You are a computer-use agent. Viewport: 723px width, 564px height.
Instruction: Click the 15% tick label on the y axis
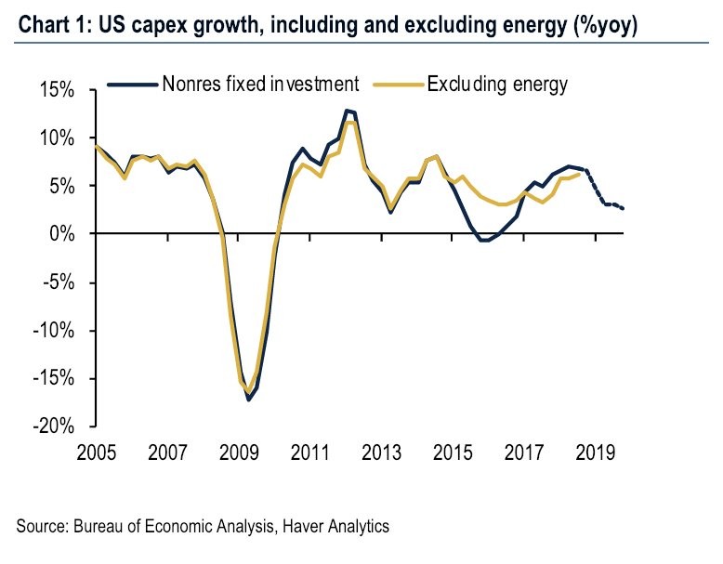point(57,91)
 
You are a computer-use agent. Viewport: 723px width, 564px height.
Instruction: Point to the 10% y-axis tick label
point(57,138)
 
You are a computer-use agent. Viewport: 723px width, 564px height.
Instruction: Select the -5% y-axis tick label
point(59,282)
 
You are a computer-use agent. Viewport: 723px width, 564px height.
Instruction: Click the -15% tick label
point(55,378)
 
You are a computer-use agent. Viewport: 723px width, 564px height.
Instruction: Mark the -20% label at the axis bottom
point(55,426)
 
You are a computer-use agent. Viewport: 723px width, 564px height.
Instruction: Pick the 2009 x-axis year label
point(239,454)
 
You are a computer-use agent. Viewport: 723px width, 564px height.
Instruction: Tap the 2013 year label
point(381,454)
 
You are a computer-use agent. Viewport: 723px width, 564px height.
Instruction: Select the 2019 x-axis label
point(595,454)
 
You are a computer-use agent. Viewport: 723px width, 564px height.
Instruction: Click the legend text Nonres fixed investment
point(260,85)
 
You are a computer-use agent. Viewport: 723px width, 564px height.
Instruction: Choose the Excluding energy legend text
point(497,85)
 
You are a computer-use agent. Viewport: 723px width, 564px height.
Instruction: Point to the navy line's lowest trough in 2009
point(249,400)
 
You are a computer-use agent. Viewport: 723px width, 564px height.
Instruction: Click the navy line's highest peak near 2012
point(347,111)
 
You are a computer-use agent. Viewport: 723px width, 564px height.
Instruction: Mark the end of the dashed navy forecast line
point(623,208)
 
